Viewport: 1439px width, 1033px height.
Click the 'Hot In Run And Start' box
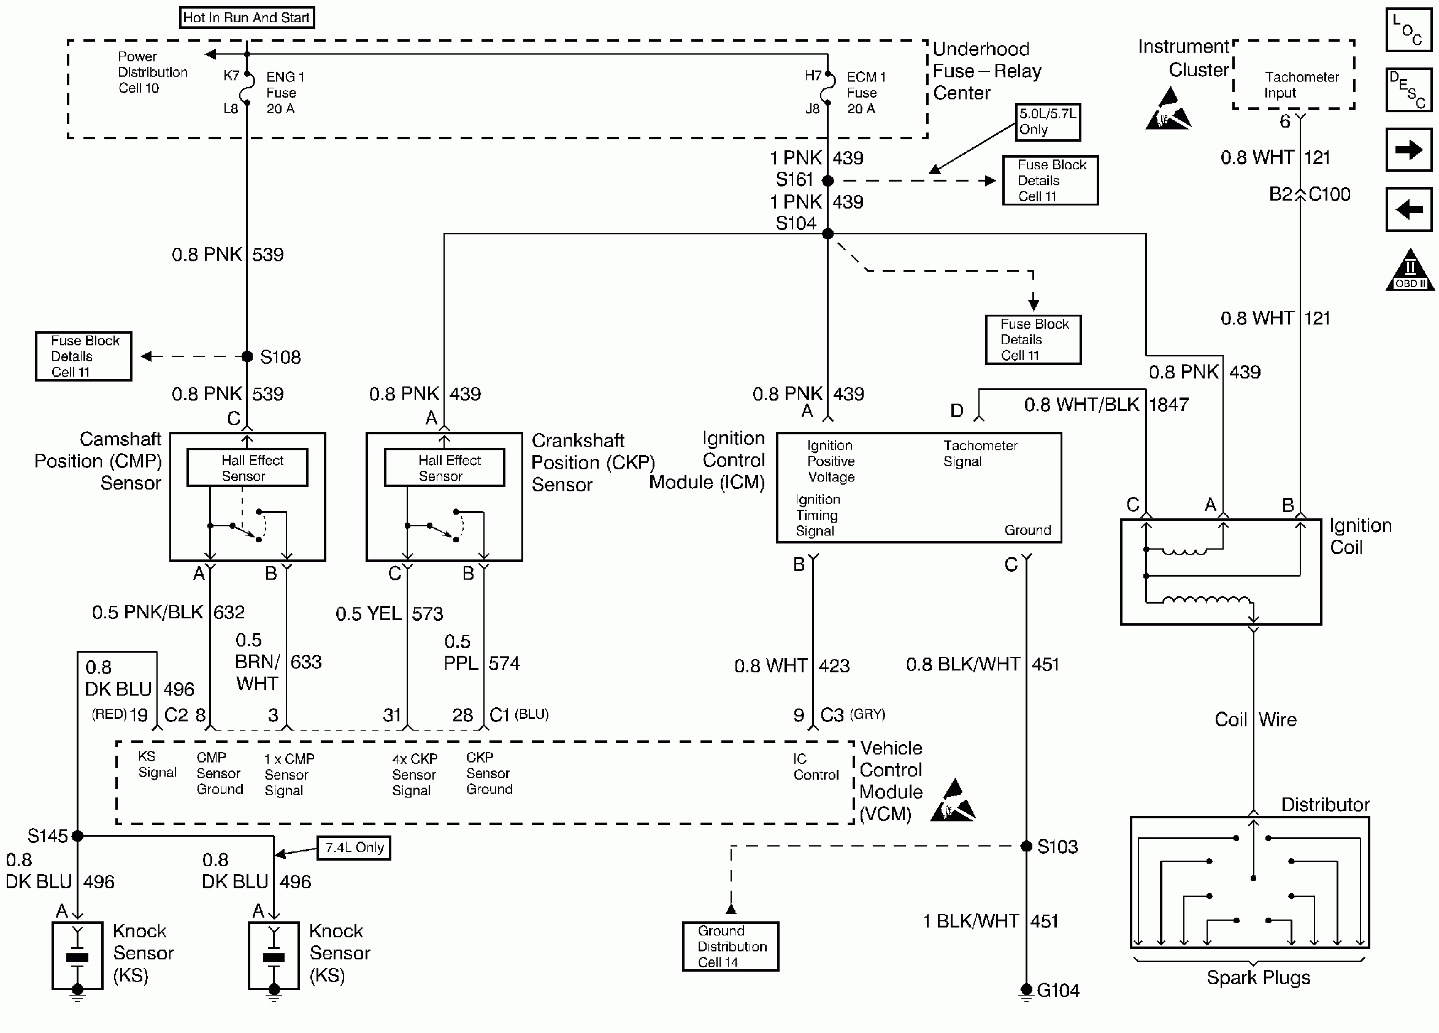(x=247, y=17)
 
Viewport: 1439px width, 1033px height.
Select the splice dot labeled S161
(x=827, y=180)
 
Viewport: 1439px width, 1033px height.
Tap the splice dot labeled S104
(x=827, y=234)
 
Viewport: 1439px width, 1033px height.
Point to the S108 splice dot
(x=247, y=356)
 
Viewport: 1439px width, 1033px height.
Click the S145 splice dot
(x=77, y=835)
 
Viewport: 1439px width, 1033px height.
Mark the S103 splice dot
(x=1026, y=846)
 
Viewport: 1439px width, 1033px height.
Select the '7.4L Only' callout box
(x=353, y=848)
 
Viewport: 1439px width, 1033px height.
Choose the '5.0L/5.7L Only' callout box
(x=1048, y=122)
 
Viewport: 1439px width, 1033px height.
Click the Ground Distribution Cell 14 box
(x=731, y=946)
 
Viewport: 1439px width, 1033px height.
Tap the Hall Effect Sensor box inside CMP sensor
(x=247, y=467)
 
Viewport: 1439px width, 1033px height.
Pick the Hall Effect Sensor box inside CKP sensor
(x=444, y=467)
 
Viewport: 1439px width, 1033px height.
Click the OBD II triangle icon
(x=1409, y=272)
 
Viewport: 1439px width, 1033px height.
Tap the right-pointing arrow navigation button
(x=1408, y=150)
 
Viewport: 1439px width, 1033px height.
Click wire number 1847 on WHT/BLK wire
(x=1168, y=404)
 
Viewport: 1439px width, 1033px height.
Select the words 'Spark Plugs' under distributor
(x=1257, y=977)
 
